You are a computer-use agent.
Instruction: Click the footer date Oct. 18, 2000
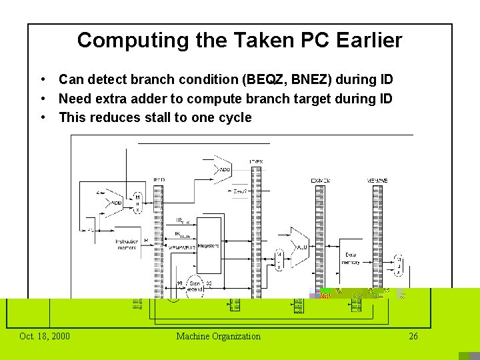(x=45, y=336)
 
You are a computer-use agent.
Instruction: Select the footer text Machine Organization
(x=218, y=336)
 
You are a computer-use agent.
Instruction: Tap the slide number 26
(x=413, y=336)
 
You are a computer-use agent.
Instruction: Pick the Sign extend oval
(x=195, y=285)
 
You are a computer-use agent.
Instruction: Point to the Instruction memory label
(x=127, y=245)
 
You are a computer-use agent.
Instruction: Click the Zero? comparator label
(x=241, y=191)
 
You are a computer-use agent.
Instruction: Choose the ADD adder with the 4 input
(x=115, y=202)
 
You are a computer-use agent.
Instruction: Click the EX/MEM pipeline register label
(x=320, y=181)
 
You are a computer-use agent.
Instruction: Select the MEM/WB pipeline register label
(x=377, y=181)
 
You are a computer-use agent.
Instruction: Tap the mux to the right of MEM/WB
(x=399, y=264)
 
